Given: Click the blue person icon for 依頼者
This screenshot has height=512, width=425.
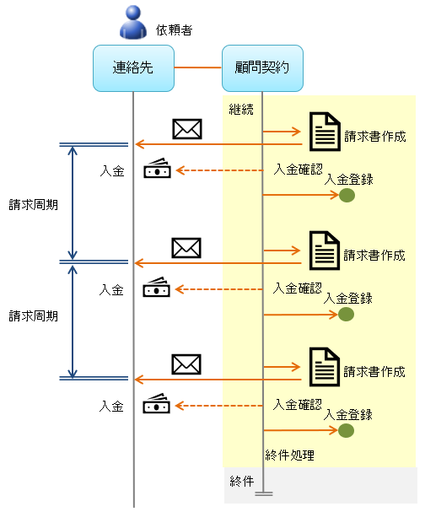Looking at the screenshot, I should (x=133, y=24).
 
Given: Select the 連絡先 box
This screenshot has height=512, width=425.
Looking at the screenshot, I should (x=133, y=67).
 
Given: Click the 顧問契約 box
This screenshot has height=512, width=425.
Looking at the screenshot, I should (x=261, y=67).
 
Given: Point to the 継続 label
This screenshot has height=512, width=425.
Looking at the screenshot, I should (x=241, y=109).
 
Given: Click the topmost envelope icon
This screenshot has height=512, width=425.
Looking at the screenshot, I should (x=186, y=129).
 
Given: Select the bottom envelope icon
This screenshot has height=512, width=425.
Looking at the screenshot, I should (x=186, y=364).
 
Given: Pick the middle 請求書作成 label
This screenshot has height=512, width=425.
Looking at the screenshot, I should (x=375, y=254).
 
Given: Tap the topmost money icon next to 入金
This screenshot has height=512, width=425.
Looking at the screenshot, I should (x=157, y=170).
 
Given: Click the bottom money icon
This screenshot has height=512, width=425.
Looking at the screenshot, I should (x=157, y=405).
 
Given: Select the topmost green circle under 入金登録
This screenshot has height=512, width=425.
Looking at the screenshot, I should (x=347, y=196).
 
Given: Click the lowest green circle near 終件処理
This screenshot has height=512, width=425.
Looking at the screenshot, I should (x=347, y=431).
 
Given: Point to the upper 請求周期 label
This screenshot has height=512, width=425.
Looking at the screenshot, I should (x=34, y=204).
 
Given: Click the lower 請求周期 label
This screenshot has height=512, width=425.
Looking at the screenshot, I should (x=34, y=316).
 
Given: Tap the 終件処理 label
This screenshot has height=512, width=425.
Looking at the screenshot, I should (x=289, y=455).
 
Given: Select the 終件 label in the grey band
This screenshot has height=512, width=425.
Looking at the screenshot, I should (x=241, y=481).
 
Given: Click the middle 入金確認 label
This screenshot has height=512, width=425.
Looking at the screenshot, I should (x=299, y=288).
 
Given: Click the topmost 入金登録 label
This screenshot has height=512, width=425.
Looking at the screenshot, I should (x=348, y=179).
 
